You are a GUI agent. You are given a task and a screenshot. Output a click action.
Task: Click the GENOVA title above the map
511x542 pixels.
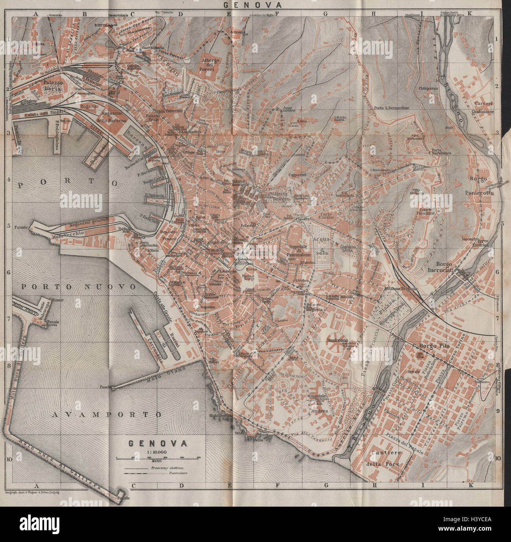pyautogui.click(x=252, y=5)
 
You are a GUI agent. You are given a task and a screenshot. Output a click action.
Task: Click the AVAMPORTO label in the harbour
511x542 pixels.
pyautogui.click(x=107, y=414)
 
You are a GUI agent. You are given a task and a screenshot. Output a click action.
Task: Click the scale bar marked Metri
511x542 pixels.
pyautogui.click(x=158, y=458)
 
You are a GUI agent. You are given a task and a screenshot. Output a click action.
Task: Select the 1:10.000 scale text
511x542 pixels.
pyautogui.click(x=157, y=452)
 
